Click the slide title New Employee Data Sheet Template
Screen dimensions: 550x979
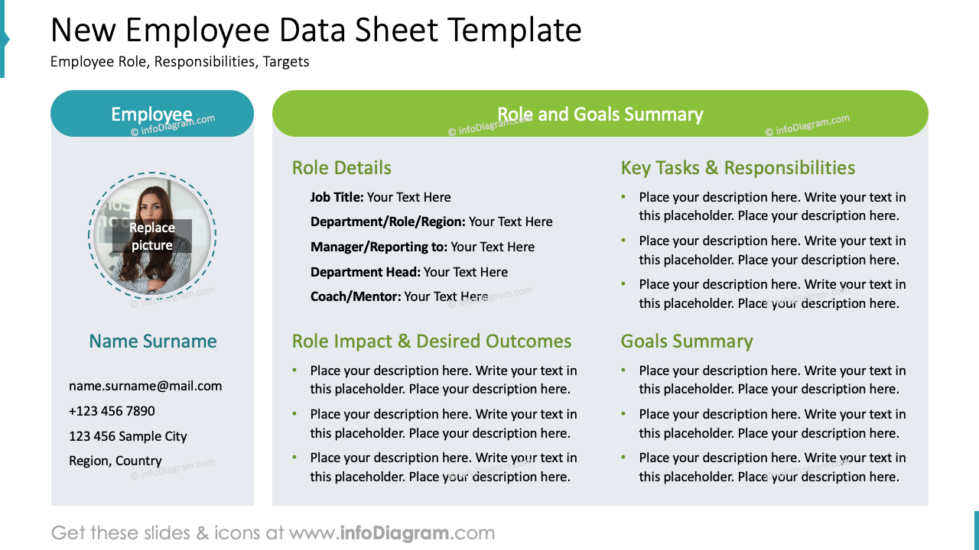coord(316,31)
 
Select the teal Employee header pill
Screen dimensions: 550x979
coord(152,114)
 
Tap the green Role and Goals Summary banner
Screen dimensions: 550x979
coord(600,114)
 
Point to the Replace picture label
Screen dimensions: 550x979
coord(152,236)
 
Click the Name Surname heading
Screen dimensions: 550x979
coord(153,341)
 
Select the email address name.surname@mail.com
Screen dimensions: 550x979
coord(145,386)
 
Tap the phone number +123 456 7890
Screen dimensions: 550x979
coord(112,411)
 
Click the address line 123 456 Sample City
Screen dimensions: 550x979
coord(128,436)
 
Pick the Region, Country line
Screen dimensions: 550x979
coord(115,461)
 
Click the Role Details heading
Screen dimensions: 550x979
coord(342,168)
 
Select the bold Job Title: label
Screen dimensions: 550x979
coord(337,197)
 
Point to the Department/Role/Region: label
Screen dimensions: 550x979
coord(388,222)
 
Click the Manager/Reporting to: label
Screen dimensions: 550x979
coord(379,247)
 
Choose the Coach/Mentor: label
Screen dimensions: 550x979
coord(356,296)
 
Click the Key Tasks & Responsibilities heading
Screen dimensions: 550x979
coord(738,168)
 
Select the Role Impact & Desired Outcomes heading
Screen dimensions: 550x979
coord(432,341)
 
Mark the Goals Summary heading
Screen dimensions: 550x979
coord(687,341)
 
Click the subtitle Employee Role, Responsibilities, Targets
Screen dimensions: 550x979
coord(180,62)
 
